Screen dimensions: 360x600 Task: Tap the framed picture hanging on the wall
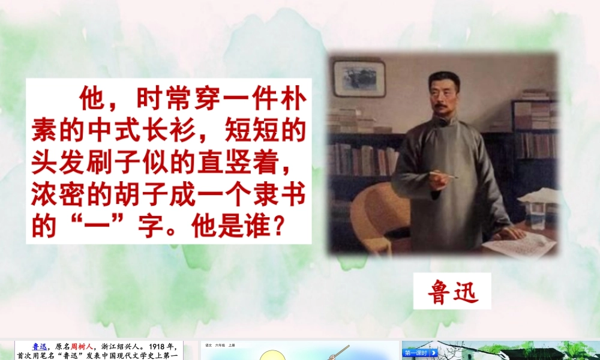[359, 78]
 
